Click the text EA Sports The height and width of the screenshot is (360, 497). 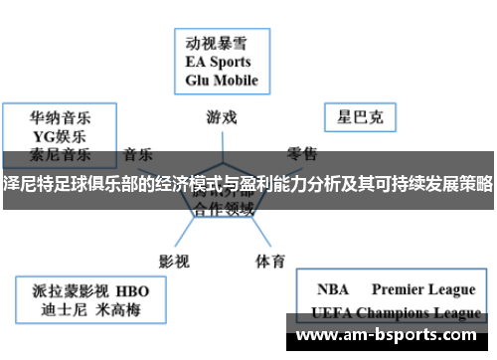[x=220, y=62]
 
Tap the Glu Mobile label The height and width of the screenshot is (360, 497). [x=221, y=81]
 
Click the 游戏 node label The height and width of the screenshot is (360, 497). [x=222, y=116]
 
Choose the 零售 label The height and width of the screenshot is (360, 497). [x=302, y=153]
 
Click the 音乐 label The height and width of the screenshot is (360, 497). [x=138, y=154]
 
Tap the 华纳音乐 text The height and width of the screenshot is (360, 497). [x=50, y=117]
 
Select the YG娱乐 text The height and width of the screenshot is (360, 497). [x=50, y=136]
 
